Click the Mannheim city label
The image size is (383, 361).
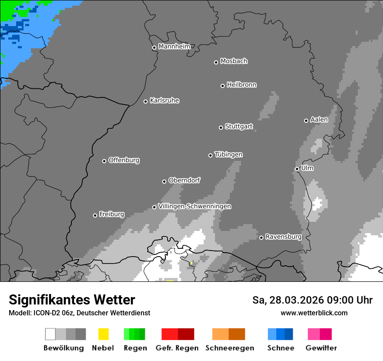pyautogui.click(x=174, y=47)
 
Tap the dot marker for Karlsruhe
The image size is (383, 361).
pyautogui.click(x=146, y=101)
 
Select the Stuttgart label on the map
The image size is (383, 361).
pyautogui.click(x=239, y=127)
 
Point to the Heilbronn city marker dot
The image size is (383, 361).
pyautogui.click(x=222, y=86)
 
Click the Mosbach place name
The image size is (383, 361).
pyautogui.click(x=234, y=61)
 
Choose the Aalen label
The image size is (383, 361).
pyautogui.click(x=319, y=120)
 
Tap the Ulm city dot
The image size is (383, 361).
pyautogui.click(x=297, y=169)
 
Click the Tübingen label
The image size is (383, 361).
pyautogui.click(x=228, y=154)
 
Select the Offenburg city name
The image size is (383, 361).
pyautogui.click(x=124, y=160)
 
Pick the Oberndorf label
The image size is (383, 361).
pyautogui.click(x=184, y=180)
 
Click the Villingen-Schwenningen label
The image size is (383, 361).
pyautogui.click(x=195, y=206)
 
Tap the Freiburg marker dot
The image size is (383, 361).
pyautogui.click(x=95, y=215)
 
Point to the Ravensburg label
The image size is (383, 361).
pyautogui.click(x=283, y=237)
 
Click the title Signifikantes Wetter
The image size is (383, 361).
pyautogui.click(x=72, y=300)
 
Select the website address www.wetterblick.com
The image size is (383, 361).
pyautogui.click(x=314, y=313)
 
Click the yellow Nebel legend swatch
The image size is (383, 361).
pyautogui.click(x=103, y=334)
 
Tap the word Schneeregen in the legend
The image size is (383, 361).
pyautogui.click(x=229, y=348)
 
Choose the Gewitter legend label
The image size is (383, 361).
pyautogui.click(x=321, y=348)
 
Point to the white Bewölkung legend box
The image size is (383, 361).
pyautogui.click(x=50, y=334)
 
